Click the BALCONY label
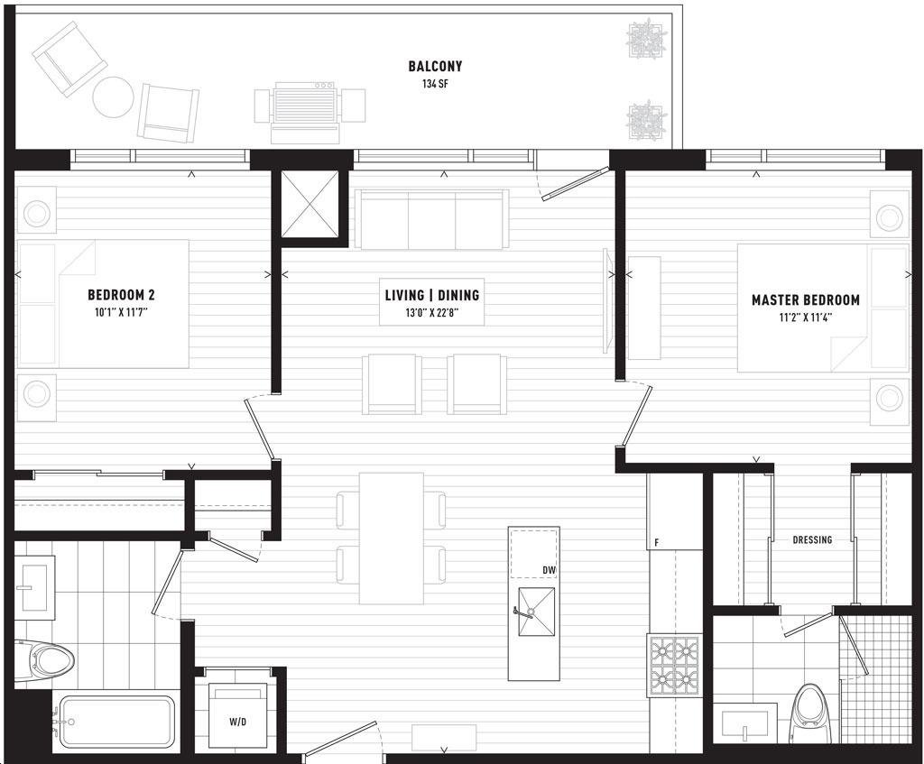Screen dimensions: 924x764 click(435, 66)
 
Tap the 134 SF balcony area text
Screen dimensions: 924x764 click(435, 84)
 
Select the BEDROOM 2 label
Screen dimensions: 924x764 click(122, 295)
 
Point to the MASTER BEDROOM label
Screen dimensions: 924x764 click(806, 299)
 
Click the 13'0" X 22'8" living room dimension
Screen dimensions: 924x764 click(432, 312)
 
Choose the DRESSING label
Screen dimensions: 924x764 click(813, 539)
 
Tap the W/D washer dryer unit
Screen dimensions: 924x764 click(238, 715)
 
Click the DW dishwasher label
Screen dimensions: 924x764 click(550, 569)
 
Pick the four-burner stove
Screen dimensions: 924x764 click(673, 665)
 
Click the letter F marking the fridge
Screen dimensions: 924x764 click(657, 542)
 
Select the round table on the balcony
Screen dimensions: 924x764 click(114, 97)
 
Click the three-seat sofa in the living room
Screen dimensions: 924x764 click(432, 219)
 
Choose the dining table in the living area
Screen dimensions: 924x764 click(392, 538)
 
